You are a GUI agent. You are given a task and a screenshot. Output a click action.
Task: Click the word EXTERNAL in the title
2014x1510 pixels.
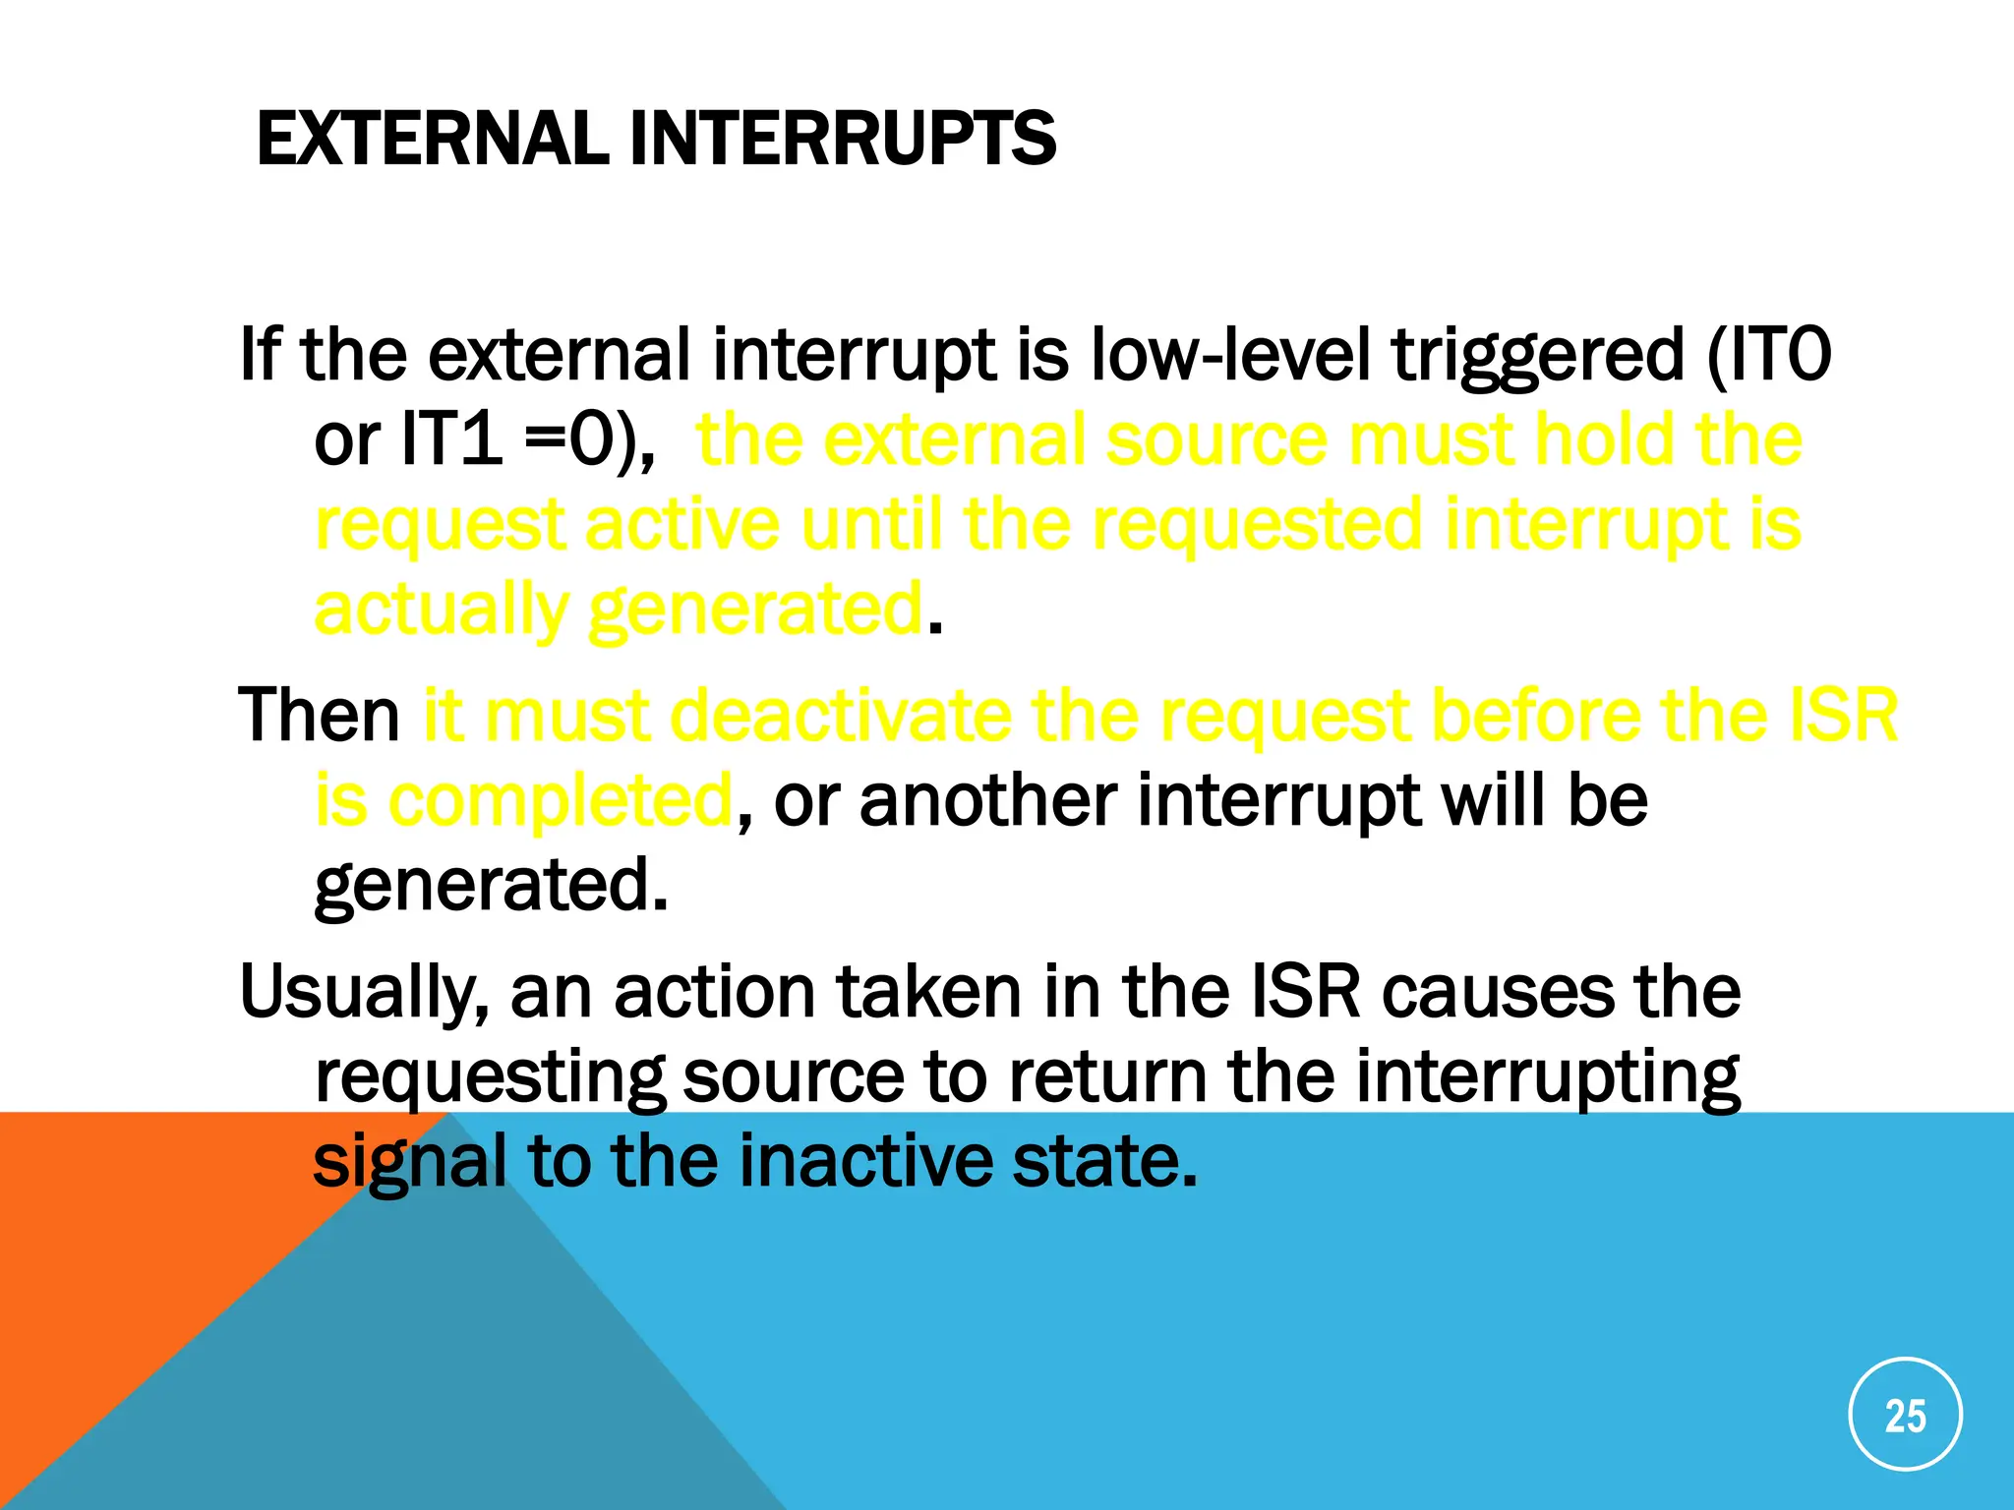tap(433, 139)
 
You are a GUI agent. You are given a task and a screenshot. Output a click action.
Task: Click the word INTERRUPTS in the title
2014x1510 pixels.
tap(843, 139)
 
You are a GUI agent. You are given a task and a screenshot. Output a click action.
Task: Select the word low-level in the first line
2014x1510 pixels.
tap(1229, 355)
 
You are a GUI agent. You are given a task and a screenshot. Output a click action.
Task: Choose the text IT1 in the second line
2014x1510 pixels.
tap(452, 439)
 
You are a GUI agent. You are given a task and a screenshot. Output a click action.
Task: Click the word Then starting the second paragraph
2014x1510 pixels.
tap(319, 715)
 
